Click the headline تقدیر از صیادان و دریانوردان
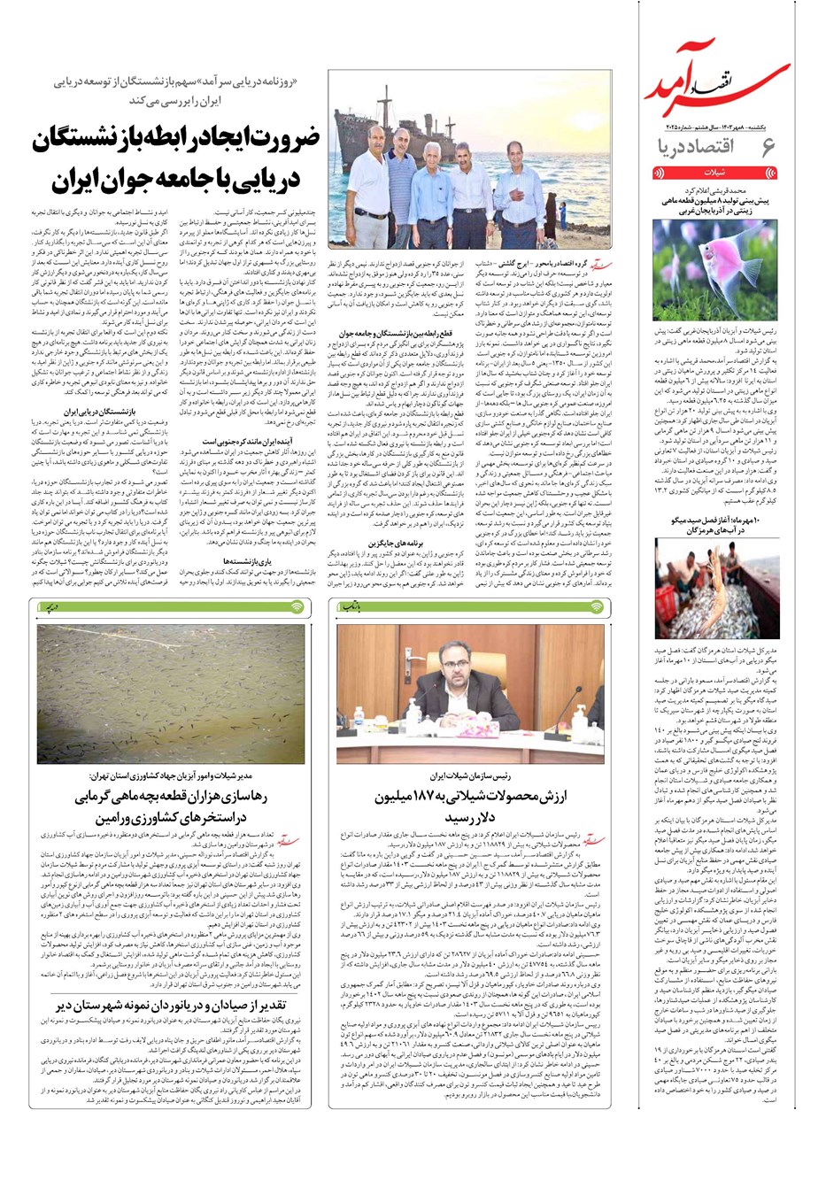coord(181,1006)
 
